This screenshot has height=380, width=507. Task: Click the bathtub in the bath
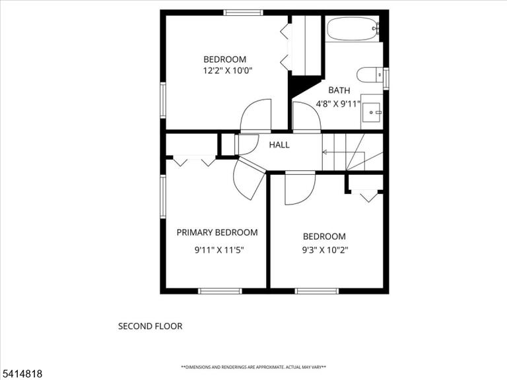click(x=353, y=28)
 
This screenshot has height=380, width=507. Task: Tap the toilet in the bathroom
click(x=370, y=75)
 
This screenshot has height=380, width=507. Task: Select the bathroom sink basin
click(x=371, y=112)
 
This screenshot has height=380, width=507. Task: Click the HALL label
click(x=279, y=144)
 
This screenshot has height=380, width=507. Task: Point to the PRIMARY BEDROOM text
click(x=217, y=232)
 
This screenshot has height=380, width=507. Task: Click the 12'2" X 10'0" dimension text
click(x=228, y=70)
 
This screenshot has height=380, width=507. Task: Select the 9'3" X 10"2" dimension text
click(x=325, y=250)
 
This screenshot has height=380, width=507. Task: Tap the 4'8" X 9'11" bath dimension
click(x=338, y=104)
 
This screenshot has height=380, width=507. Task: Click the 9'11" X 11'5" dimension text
click(x=219, y=250)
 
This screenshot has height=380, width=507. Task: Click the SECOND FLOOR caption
click(x=151, y=326)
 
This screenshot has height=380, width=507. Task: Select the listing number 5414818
click(x=21, y=374)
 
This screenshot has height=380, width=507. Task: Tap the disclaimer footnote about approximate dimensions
click(x=253, y=367)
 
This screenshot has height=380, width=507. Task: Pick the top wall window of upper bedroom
click(x=243, y=13)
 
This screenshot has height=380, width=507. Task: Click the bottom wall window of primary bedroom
click(x=220, y=291)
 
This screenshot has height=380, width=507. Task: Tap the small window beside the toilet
click(x=386, y=78)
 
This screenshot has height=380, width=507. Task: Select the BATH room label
click(x=339, y=90)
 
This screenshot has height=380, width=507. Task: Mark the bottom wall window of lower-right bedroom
click(x=317, y=291)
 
